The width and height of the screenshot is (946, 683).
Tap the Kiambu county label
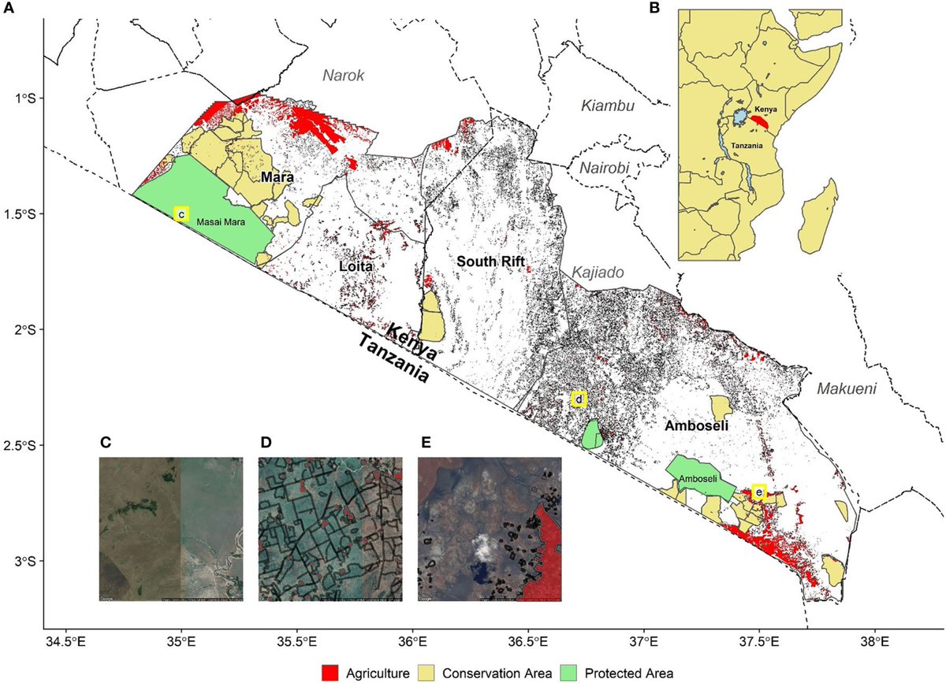[x=607, y=106]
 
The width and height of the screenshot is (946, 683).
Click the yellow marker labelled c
[x=181, y=213]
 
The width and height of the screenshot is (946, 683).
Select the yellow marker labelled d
[x=579, y=399]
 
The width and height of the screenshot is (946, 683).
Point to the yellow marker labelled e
[x=758, y=492]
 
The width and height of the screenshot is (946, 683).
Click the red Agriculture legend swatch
[x=331, y=672]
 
